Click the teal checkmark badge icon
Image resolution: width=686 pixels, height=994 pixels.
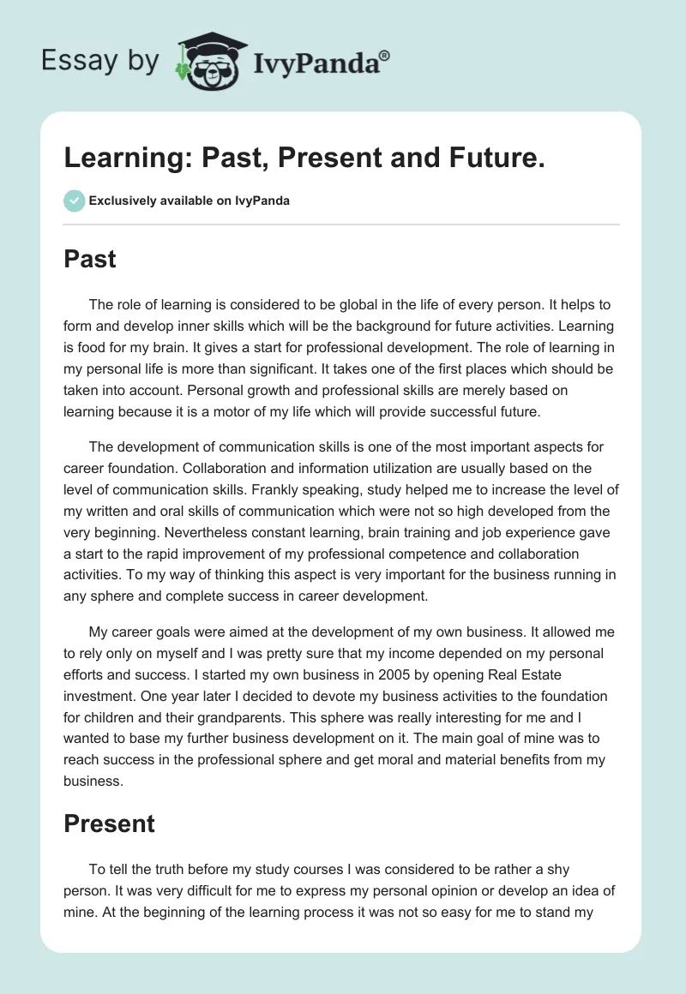(74, 201)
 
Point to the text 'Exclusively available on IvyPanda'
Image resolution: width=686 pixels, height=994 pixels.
(190, 201)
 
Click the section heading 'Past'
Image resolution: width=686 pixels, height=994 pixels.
(90, 259)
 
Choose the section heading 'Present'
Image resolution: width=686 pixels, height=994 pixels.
(109, 823)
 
